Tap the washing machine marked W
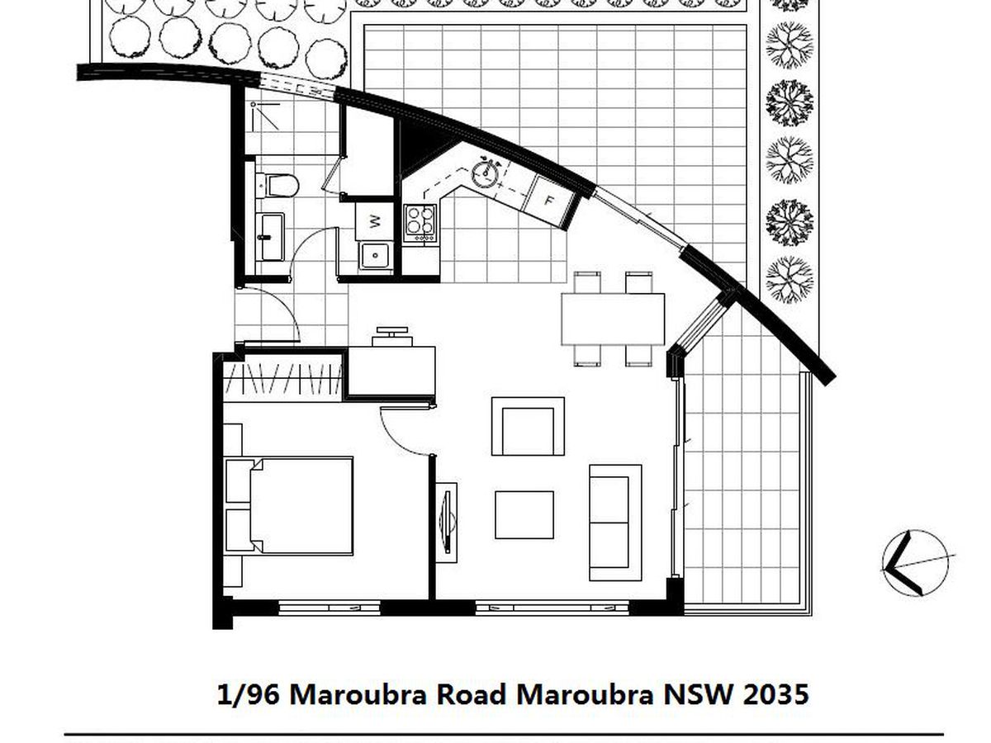tap(374, 221)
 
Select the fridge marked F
tap(548, 201)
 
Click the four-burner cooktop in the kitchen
tap(420, 223)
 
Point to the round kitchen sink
tap(486, 173)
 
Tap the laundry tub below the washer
tap(376, 256)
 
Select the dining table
tap(613, 319)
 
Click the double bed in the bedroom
tap(289, 506)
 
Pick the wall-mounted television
tap(447, 522)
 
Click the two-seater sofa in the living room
tap(615, 523)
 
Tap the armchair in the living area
tap(528, 426)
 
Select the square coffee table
tap(524, 514)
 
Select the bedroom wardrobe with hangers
tap(283, 378)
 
